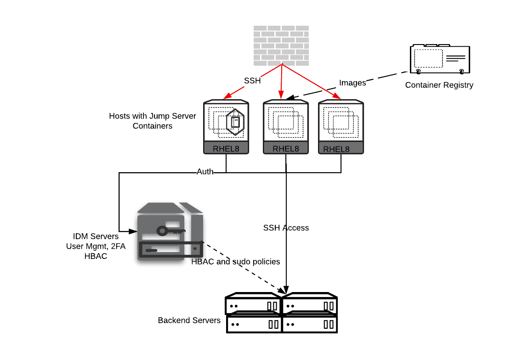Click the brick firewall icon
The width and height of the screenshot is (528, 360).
click(x=281, y=45)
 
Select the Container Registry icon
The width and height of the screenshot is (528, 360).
click(x=440, y=59)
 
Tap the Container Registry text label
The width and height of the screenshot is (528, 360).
click(x=439, y=85)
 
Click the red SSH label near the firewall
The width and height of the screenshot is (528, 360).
click(x=252, y=81)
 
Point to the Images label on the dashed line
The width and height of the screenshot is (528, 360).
click(x=352, y=83)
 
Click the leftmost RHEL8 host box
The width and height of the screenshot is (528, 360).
click(x=226, y=127)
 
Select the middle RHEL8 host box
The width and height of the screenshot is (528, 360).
click(x=286, y=127)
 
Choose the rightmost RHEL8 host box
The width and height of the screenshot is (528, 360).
click(x=341, y=127)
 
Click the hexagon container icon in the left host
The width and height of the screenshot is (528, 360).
click(x=235, y=122)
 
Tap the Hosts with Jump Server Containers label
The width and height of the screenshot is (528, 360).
click(x=153, y=121)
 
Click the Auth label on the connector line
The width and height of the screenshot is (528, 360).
click(x=205, y=172)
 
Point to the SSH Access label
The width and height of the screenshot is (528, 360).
click(x=286, y=228)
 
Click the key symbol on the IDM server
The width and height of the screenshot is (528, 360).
click(x=170, y=230)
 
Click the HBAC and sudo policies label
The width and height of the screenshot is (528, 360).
click(x=236, y=261)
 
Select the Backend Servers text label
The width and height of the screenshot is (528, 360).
click(x=189, y=320)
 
